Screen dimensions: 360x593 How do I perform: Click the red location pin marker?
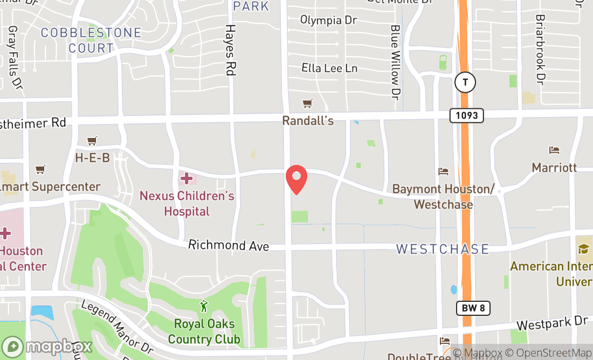[296, 179]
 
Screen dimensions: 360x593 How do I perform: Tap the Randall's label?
[308, 121]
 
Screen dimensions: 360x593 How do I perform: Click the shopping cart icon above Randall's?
[307, 103]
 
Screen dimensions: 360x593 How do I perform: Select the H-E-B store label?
[92, 157]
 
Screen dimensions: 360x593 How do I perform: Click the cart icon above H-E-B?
[92, 141]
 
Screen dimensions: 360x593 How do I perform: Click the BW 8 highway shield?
[473, 308]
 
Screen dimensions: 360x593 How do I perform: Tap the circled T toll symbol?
[464, 82]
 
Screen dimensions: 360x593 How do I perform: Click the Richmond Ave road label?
[229, 246]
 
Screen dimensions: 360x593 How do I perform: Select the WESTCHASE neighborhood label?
[443, 249]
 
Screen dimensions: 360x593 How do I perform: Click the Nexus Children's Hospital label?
[187, 203]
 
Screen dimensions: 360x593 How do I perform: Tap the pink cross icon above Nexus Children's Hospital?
[187, 178]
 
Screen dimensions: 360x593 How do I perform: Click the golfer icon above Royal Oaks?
[204, 307]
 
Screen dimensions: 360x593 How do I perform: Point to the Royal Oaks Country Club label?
[204, 331]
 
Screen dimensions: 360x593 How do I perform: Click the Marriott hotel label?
[554, 168]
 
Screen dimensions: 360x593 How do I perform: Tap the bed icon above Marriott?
[554, 150]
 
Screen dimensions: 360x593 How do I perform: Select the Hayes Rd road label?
[231, 50]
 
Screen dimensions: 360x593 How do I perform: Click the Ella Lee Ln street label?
[329, 68]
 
